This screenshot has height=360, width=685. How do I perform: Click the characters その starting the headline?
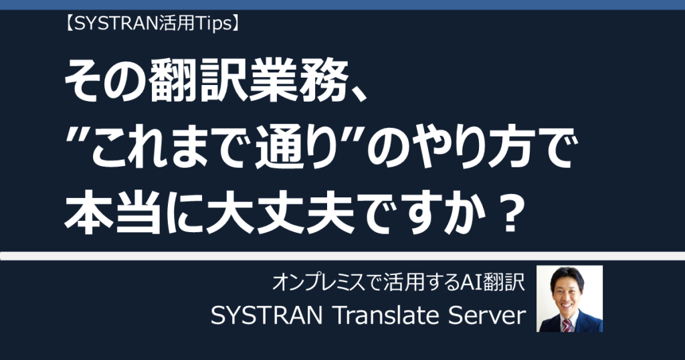click(106, 81)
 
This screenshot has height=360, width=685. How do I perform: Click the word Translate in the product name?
click(386, 315)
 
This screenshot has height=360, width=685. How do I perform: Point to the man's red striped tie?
click(567, 325)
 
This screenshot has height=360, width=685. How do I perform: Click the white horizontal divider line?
click(342, 256)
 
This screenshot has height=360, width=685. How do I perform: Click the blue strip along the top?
click(342, 5)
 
